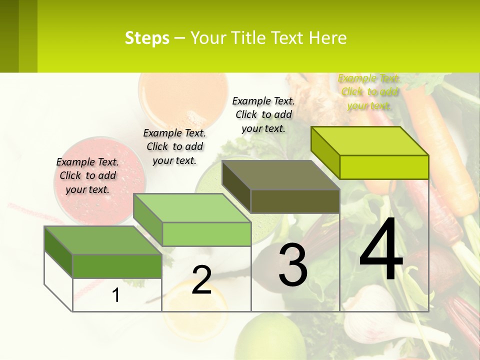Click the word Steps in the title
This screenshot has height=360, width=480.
pyautogui.click(x=147, y=38)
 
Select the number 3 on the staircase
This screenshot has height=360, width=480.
pyautogui.click(x=292, y=265)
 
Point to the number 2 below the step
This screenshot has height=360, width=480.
pyautogui.click(x=201, y=280)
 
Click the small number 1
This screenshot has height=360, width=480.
pyautogui.click(x=116, y=295)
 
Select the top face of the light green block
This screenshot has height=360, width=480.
pyautogui.click(x=192, y=208)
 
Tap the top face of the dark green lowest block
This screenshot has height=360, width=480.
pyautogui.click(x=103, y=240)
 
